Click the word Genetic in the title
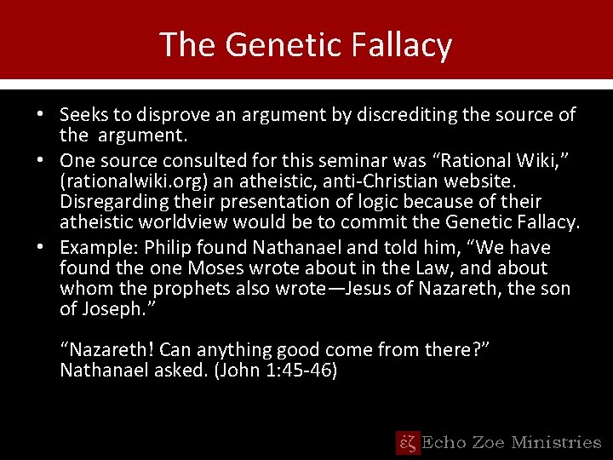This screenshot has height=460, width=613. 278,44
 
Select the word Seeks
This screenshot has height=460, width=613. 83,114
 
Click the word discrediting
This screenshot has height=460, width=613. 392,114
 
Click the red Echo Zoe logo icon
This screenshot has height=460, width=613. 408,442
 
